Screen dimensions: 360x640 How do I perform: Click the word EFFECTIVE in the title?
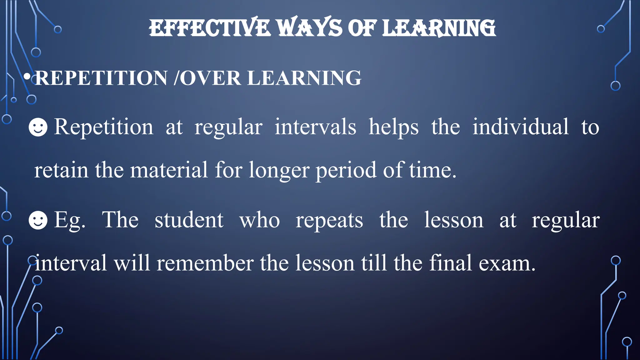click(x=209, y=28)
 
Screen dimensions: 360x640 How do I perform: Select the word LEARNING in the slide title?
click(x=439, y=28)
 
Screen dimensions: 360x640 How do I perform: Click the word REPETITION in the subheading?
click(x=101, y=78)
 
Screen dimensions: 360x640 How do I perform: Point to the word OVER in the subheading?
click(x=210, y=78)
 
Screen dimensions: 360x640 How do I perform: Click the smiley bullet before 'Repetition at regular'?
click(x=38, y=127)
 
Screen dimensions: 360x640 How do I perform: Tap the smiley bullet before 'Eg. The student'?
click(x=38, y=220)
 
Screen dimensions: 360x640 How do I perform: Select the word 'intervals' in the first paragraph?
click(x=315, y=127)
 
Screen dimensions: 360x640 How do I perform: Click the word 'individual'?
click(x=520, y=127)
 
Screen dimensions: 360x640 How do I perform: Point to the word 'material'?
click(x=169, y=170)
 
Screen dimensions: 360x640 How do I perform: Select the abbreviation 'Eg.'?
click(x=69, y=221)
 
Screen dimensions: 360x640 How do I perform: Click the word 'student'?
click(x=189, y=220)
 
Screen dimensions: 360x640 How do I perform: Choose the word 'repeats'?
click(x=329, y=221)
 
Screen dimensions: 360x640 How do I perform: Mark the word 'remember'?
click(x=205, y=263)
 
